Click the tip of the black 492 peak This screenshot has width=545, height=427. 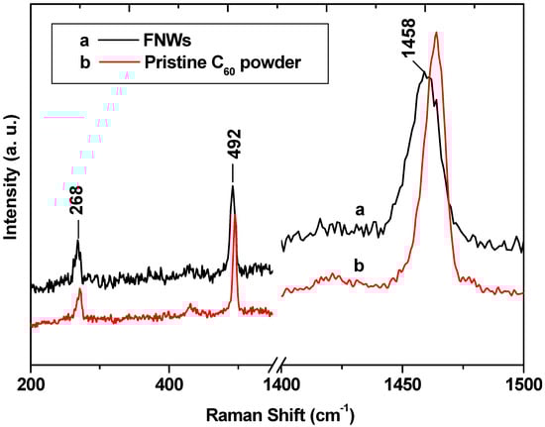pos(233,186)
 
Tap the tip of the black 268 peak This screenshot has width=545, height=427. pos(77,241)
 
